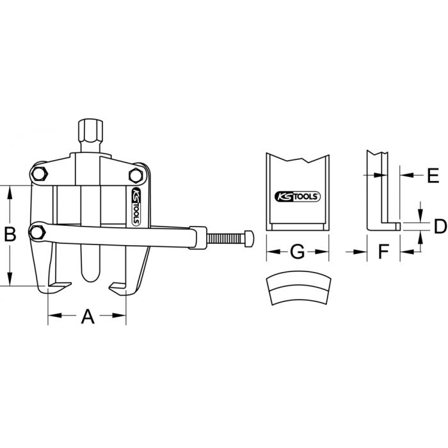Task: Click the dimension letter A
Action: click(87, 316)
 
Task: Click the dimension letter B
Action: click(11, 235)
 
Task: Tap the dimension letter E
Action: click(432, 173)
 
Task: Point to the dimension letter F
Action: click(383, 252)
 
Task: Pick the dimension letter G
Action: click(297, 252)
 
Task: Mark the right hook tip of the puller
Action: click(115, 286)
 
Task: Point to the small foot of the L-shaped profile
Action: click(392, 225)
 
